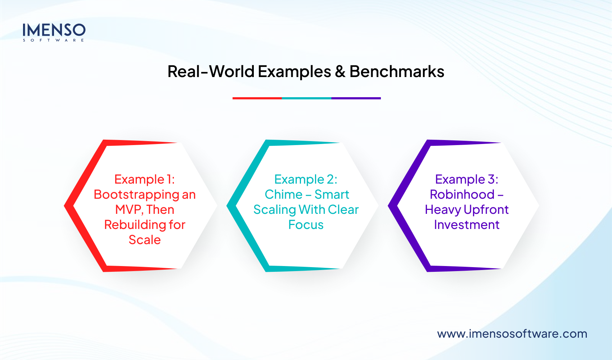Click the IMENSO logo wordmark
[x=54, y=30]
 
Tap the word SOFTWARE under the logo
[x=54, y=40]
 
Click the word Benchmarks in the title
[x=397, y=71]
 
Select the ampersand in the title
[x=340, y=72]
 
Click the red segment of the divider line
[x=257, y=98]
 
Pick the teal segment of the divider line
[x=307, y=98]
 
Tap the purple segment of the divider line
[x=356, y=98]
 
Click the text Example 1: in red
[x=144, y=179]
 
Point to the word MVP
[x=129, y=210]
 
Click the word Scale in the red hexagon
[x=144, y=240]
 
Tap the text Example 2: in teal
[x=306, y=179]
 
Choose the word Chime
[x=284, y=194]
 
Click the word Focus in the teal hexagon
[x=306, y=225]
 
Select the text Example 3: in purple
[x=467, y=179]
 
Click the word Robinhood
[x=462, y=194]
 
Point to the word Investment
[x=467, y=225]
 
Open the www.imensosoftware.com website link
[x=512, y=334]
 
